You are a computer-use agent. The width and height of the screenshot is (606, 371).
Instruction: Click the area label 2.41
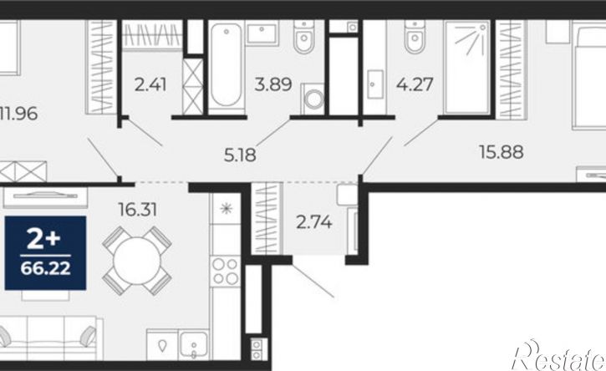[x=150, y=84]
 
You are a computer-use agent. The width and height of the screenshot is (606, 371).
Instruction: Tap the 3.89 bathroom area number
[x=272, y=84]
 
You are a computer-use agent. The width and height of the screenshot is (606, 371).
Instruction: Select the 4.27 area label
[x=415, y=84]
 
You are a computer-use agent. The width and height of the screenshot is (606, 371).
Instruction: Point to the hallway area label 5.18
[x=240, y=155]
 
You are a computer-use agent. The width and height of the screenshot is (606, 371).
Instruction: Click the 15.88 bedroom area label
[x=502, y=152]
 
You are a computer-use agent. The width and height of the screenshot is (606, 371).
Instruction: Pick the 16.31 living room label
[x=138, y=210]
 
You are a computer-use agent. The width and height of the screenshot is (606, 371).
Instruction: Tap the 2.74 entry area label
[x=313, y=222]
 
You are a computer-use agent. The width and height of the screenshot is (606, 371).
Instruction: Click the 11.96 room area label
[x=18, y=114]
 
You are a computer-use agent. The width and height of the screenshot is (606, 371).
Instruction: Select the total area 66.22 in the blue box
[x=46, y=268]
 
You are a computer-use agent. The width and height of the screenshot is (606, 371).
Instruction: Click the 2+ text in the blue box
[x=43, y=239]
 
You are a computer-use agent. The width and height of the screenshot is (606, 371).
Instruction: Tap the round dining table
[x=137, y=262]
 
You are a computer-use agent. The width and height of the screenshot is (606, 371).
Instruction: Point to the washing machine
[x=313, y=99]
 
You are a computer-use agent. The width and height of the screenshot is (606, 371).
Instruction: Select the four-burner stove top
[x=226, y=272]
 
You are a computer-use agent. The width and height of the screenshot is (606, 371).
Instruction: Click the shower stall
[x=467, y=67]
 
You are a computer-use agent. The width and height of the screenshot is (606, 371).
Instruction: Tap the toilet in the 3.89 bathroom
[x=303, y=36]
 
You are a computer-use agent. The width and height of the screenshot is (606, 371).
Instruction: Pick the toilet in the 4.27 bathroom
[x=415, y=36]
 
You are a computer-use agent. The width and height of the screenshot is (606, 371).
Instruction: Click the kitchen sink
[x=194, y=345]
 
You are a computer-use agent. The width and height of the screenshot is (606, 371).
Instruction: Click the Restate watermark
[x=558, y=356]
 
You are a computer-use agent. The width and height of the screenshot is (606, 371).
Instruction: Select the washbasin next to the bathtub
[x=262, y=33]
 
